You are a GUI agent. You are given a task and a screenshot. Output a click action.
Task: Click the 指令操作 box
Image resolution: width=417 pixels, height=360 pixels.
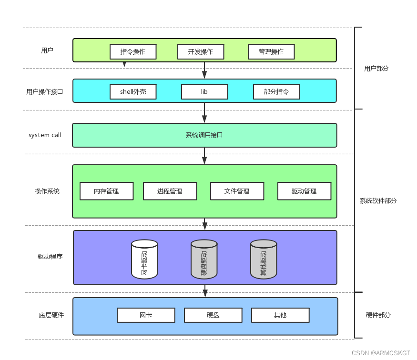tap(133, 51)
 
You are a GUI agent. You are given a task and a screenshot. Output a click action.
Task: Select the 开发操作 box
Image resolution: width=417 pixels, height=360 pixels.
tap(201, 51)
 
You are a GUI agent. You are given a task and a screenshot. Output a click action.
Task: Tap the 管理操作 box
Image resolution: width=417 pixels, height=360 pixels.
tap(271, 51)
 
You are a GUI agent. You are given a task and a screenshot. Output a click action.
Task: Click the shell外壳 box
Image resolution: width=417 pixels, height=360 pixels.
tap(133, 91)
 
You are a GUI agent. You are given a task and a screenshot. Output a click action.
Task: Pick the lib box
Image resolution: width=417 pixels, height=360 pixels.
tap(204, 91)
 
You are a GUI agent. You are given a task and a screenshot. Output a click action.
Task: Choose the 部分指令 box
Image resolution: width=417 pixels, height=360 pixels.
tap(276, 91)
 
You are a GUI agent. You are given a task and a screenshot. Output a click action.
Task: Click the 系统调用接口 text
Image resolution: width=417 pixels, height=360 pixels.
tap(204, 135)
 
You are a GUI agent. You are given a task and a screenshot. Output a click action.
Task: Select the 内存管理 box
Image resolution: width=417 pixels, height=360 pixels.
tap(106, 191)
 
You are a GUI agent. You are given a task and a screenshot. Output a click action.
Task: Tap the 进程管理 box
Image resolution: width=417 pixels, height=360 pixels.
tap(170, 191)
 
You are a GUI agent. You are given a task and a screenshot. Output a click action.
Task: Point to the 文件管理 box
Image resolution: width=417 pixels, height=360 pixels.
tap(237, 191)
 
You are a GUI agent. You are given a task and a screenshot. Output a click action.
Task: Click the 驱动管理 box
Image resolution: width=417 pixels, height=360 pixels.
tap(304, 191)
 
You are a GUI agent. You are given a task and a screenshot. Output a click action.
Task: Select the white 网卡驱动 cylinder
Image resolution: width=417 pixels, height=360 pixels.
tap(144, 259)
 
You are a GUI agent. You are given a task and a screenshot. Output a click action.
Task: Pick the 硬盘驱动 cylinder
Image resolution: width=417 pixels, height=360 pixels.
tap(204, 259)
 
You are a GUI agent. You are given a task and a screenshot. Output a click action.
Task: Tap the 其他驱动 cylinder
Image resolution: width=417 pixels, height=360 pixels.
tap(264, 259)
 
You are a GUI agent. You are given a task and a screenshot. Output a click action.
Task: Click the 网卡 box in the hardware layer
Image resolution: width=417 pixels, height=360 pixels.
tap(146, 315)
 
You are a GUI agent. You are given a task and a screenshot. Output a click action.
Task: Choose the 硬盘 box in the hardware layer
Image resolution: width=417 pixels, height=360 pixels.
tap(213, 315)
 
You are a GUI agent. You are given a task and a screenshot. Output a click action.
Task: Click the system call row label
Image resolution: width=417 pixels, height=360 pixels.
tap(45, 135)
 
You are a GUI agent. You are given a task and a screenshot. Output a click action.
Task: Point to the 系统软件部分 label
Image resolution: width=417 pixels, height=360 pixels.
tap(378, 201)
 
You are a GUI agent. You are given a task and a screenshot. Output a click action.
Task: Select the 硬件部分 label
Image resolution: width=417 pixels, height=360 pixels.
tap(378, 315)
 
